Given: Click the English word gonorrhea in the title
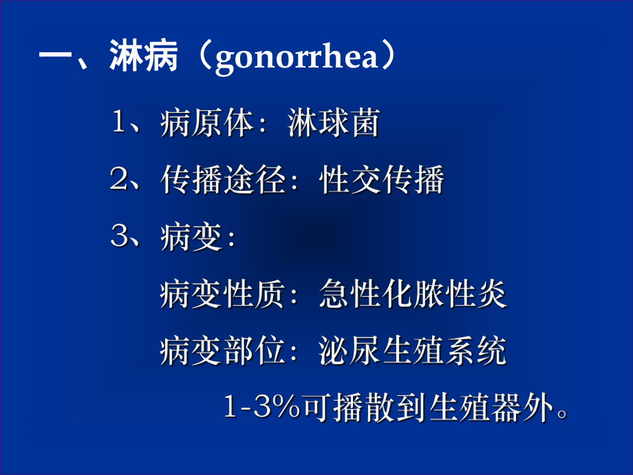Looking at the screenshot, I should (x=297, y=59).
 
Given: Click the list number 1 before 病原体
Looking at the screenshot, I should (x=118, y=125).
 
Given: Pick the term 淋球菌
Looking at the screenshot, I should (x=332, y=125).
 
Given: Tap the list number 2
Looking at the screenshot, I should (x=118, y=181).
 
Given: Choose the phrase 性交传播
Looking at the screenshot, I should (x=381, y=181).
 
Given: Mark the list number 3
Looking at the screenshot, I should (x=118, y=238).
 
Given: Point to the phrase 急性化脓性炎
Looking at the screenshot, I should (x=412, y=295).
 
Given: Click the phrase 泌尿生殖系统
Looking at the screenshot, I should (x=412, y=351).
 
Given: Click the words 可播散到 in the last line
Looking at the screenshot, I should (x=362, y=408).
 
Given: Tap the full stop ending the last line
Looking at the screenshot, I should (x=563, y=415).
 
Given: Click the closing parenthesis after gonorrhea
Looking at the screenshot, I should (x=389, y=59).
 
